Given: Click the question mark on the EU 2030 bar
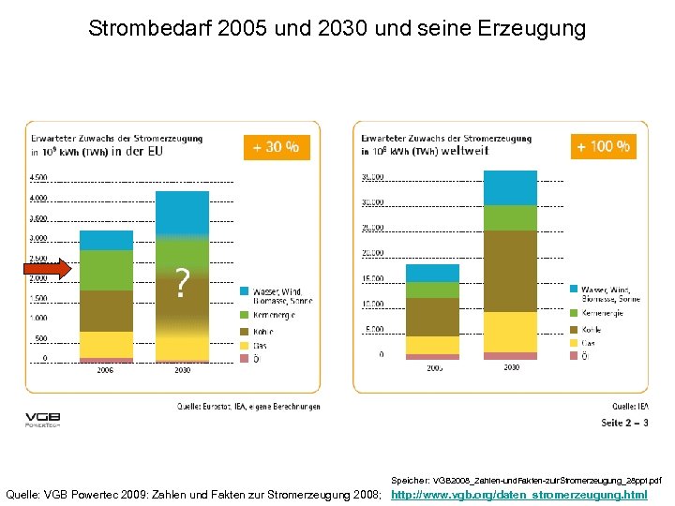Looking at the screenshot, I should (183, 282).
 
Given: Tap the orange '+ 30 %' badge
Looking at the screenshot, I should (277, 146).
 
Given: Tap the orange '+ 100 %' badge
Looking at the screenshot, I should (603, 146).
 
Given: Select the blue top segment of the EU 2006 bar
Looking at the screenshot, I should (106, 240).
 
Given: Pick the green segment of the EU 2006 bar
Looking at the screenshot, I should (106, 270).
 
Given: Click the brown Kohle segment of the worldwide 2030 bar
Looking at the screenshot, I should (510, 271).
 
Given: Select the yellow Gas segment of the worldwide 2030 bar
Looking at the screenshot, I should (510, 332).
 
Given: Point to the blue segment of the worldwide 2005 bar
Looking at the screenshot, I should (432, 274).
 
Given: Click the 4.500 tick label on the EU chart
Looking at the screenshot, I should (38, 177).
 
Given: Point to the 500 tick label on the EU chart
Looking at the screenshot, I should (40, 338).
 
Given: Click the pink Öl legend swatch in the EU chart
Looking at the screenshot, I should (245, 358).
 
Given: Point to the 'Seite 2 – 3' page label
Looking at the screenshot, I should (623, 423).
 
